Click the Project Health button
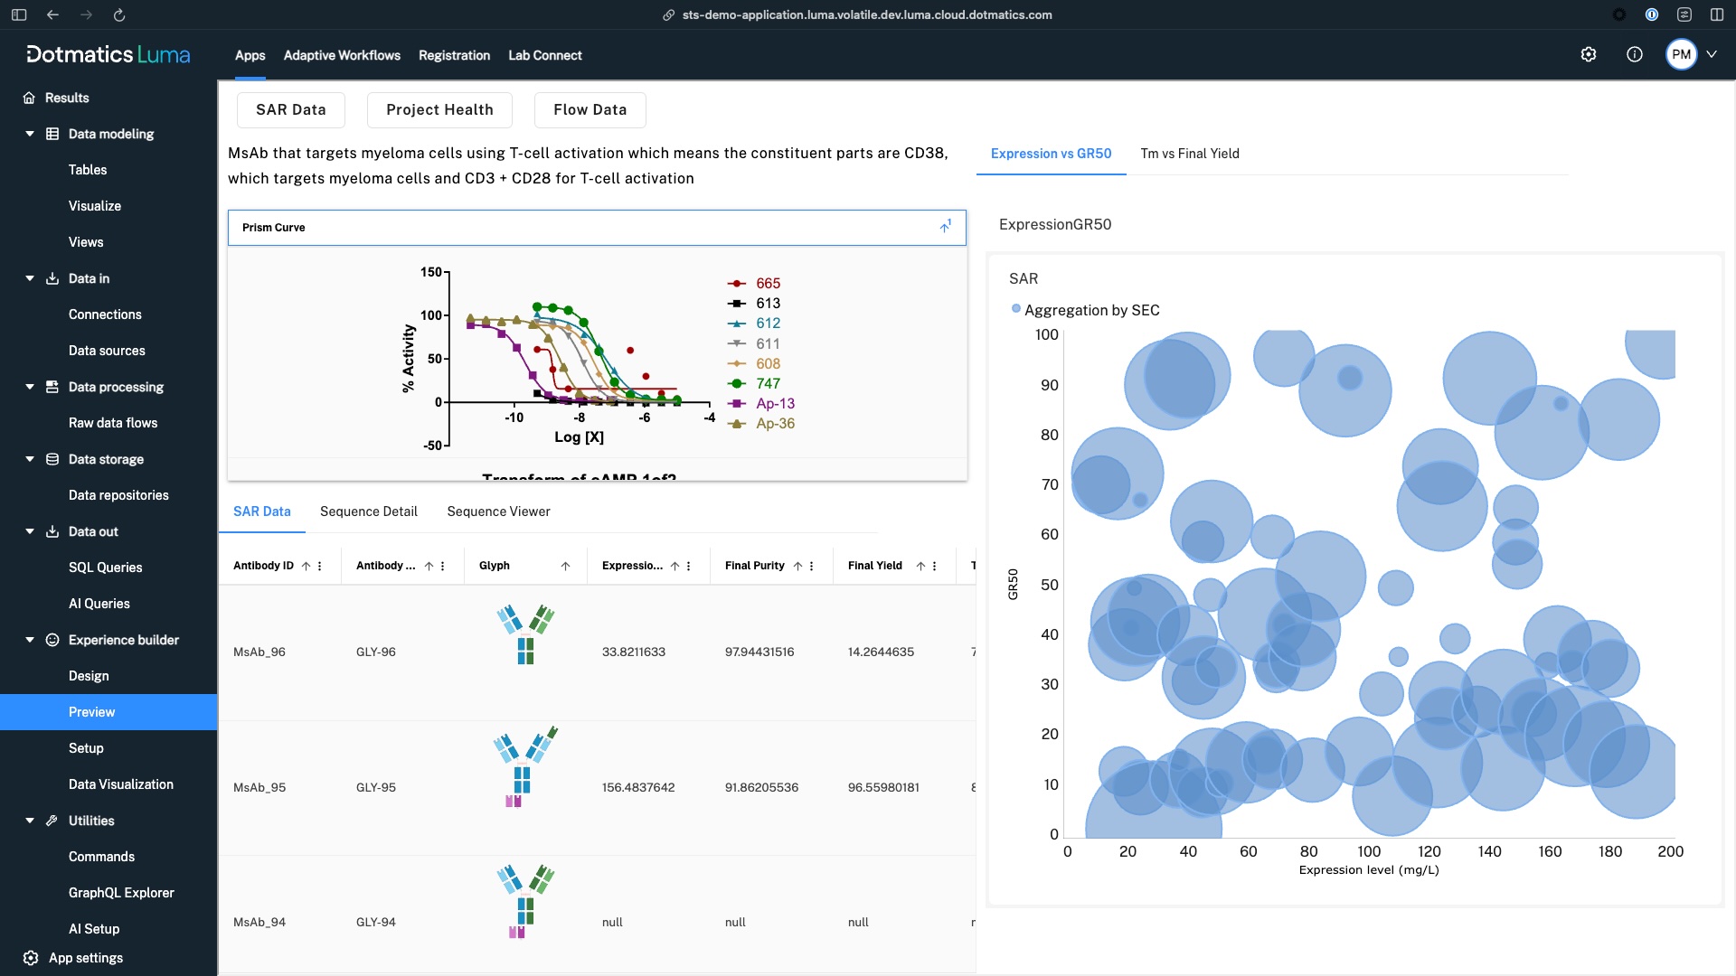tap(439, 109)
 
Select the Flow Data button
tap(590, 109)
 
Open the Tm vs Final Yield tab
tap(1189, 154)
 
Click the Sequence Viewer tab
tap(498, 511)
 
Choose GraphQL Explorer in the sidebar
tap(121, 893)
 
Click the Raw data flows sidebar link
tap(113, 423)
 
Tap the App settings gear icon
tap(31, 958)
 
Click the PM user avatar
tap(1681, 54)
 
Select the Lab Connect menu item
tap(544, 55)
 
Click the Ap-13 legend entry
tap(775, 403)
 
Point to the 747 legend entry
tap(768, 383)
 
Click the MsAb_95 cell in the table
tap(259, 787)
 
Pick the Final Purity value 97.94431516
tap(759, 652)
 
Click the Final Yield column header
tap(874, 566)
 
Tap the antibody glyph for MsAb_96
tap(525, 634)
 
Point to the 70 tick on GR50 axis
tap(1049, 484)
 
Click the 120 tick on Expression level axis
tap(1429, 851)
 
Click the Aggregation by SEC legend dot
tap(1016, 309)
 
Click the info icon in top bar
tap(1634, 54)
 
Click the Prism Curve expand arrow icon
tap(945, 227)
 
